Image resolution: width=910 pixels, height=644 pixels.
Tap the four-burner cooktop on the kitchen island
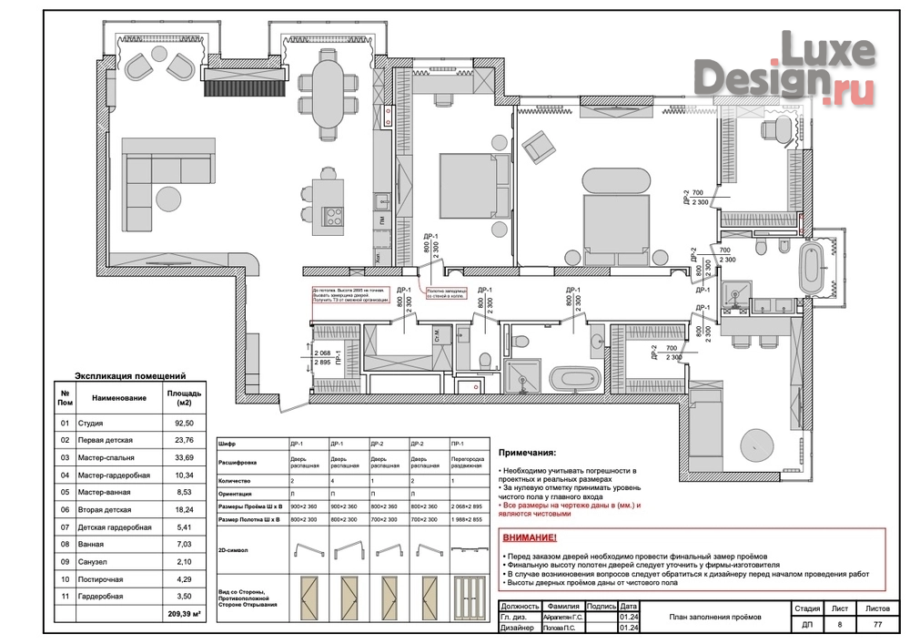point(333,216)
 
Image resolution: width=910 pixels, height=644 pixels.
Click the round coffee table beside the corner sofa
point(169,196)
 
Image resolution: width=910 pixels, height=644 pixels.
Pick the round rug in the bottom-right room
point(754,445)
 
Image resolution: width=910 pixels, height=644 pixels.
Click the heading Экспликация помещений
point(130,375)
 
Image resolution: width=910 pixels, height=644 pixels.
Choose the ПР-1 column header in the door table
point(460,444)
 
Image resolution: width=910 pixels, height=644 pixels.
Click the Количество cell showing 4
point(332,479)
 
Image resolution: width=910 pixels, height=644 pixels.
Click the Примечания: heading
point(526,452)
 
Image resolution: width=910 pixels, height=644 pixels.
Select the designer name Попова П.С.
point(561,629)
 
